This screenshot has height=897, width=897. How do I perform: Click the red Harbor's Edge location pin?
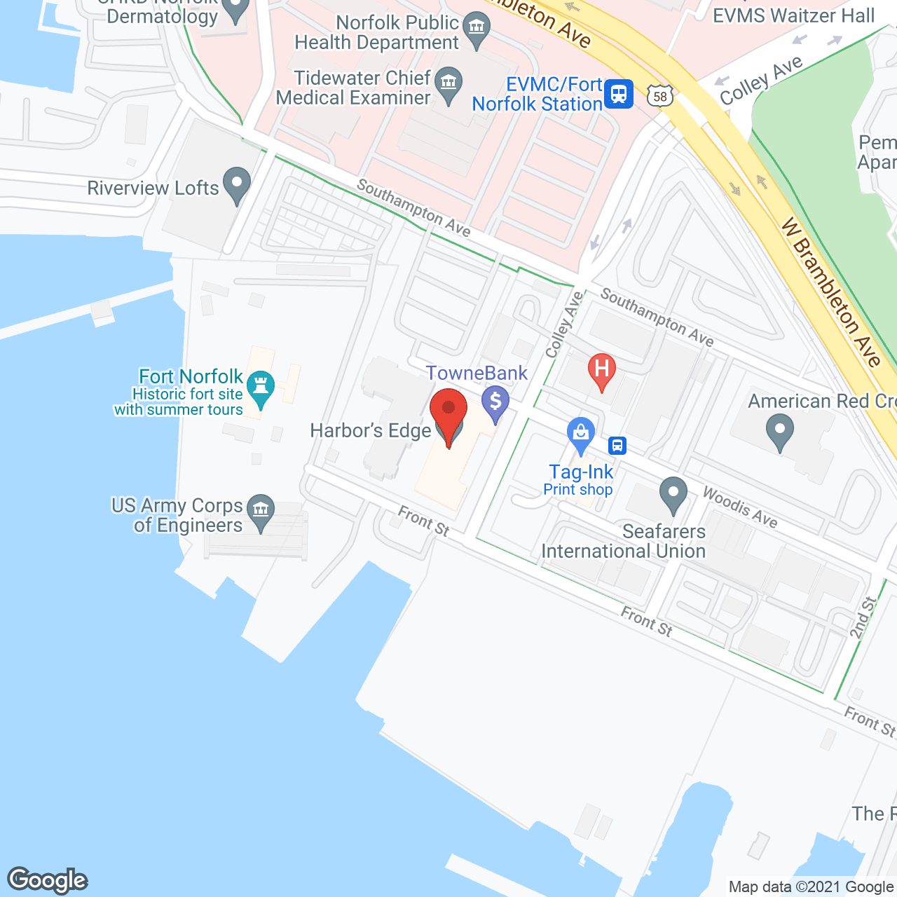tap(448, 413)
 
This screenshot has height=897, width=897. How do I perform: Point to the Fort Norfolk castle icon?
tap(261, 388)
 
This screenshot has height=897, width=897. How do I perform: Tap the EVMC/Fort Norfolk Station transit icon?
tap(618, 93)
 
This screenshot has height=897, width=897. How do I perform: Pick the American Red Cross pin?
tap(779, 431)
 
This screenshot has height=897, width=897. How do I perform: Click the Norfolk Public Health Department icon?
tap(477, 29)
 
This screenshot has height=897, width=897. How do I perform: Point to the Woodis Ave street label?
tap(740, 507)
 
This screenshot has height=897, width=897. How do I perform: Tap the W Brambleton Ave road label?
tap(831, 293)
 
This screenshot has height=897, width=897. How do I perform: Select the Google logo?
tap(48, 880)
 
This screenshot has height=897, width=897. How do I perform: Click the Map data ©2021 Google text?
tap(812, 887)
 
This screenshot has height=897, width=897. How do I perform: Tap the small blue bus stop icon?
tap(617, 445)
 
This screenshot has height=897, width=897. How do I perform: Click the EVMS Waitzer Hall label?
tap(793, 15)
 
